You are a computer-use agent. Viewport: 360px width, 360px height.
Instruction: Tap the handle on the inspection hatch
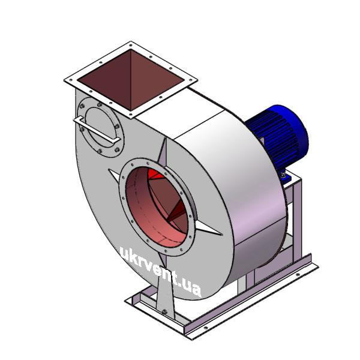pyautogui.click(x=97, y=130)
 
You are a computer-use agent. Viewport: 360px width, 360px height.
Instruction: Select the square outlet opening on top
pyautogui.click(x=131, y=80)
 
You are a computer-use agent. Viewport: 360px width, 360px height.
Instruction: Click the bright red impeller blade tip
pyautogui.click(x=155, y=174)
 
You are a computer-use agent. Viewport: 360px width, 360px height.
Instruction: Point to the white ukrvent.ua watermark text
pyautogui.click(x=161, y=272)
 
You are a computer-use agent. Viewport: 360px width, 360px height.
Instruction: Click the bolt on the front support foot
pyautogui.click(x=164, y=312)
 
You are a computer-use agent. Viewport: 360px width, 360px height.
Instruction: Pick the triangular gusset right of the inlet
pyautogui.click(x=208, y=228)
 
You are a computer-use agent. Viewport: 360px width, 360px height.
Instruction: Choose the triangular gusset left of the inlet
pyautogui.click(x=113, y=175)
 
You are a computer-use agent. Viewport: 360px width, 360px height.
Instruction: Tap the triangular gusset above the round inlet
pyautogui.click(x=163, y=152)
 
